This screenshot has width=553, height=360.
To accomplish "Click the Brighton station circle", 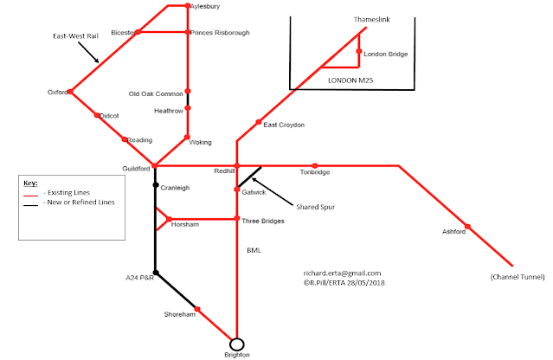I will (236, 344).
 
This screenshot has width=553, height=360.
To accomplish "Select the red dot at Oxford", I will (70, 92).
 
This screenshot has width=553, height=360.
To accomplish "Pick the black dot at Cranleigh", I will (155, 185).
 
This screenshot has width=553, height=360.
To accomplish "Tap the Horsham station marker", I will (169, 219).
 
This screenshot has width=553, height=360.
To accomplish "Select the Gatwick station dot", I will (236, 190).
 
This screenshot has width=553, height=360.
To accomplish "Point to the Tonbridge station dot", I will (315, 165).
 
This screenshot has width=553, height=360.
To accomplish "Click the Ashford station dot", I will (467, 229).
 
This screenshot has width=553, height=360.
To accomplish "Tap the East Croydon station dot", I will (259, 122).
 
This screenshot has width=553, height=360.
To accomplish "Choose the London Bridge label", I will (386, 55).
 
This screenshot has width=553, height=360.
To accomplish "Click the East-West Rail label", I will (76, 36).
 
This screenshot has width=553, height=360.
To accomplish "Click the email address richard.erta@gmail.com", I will (343, 273).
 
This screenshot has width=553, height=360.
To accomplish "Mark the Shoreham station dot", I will (198, 309).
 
